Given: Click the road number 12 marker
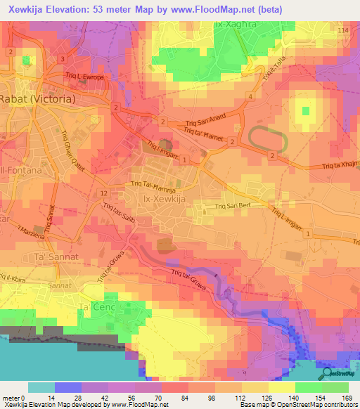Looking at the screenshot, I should (x=103, y=193).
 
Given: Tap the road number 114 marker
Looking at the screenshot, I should (x=342, y=32).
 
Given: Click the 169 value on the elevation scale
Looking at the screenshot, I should (x=347, y=397).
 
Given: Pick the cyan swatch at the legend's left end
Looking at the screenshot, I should (x=41, y=387).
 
